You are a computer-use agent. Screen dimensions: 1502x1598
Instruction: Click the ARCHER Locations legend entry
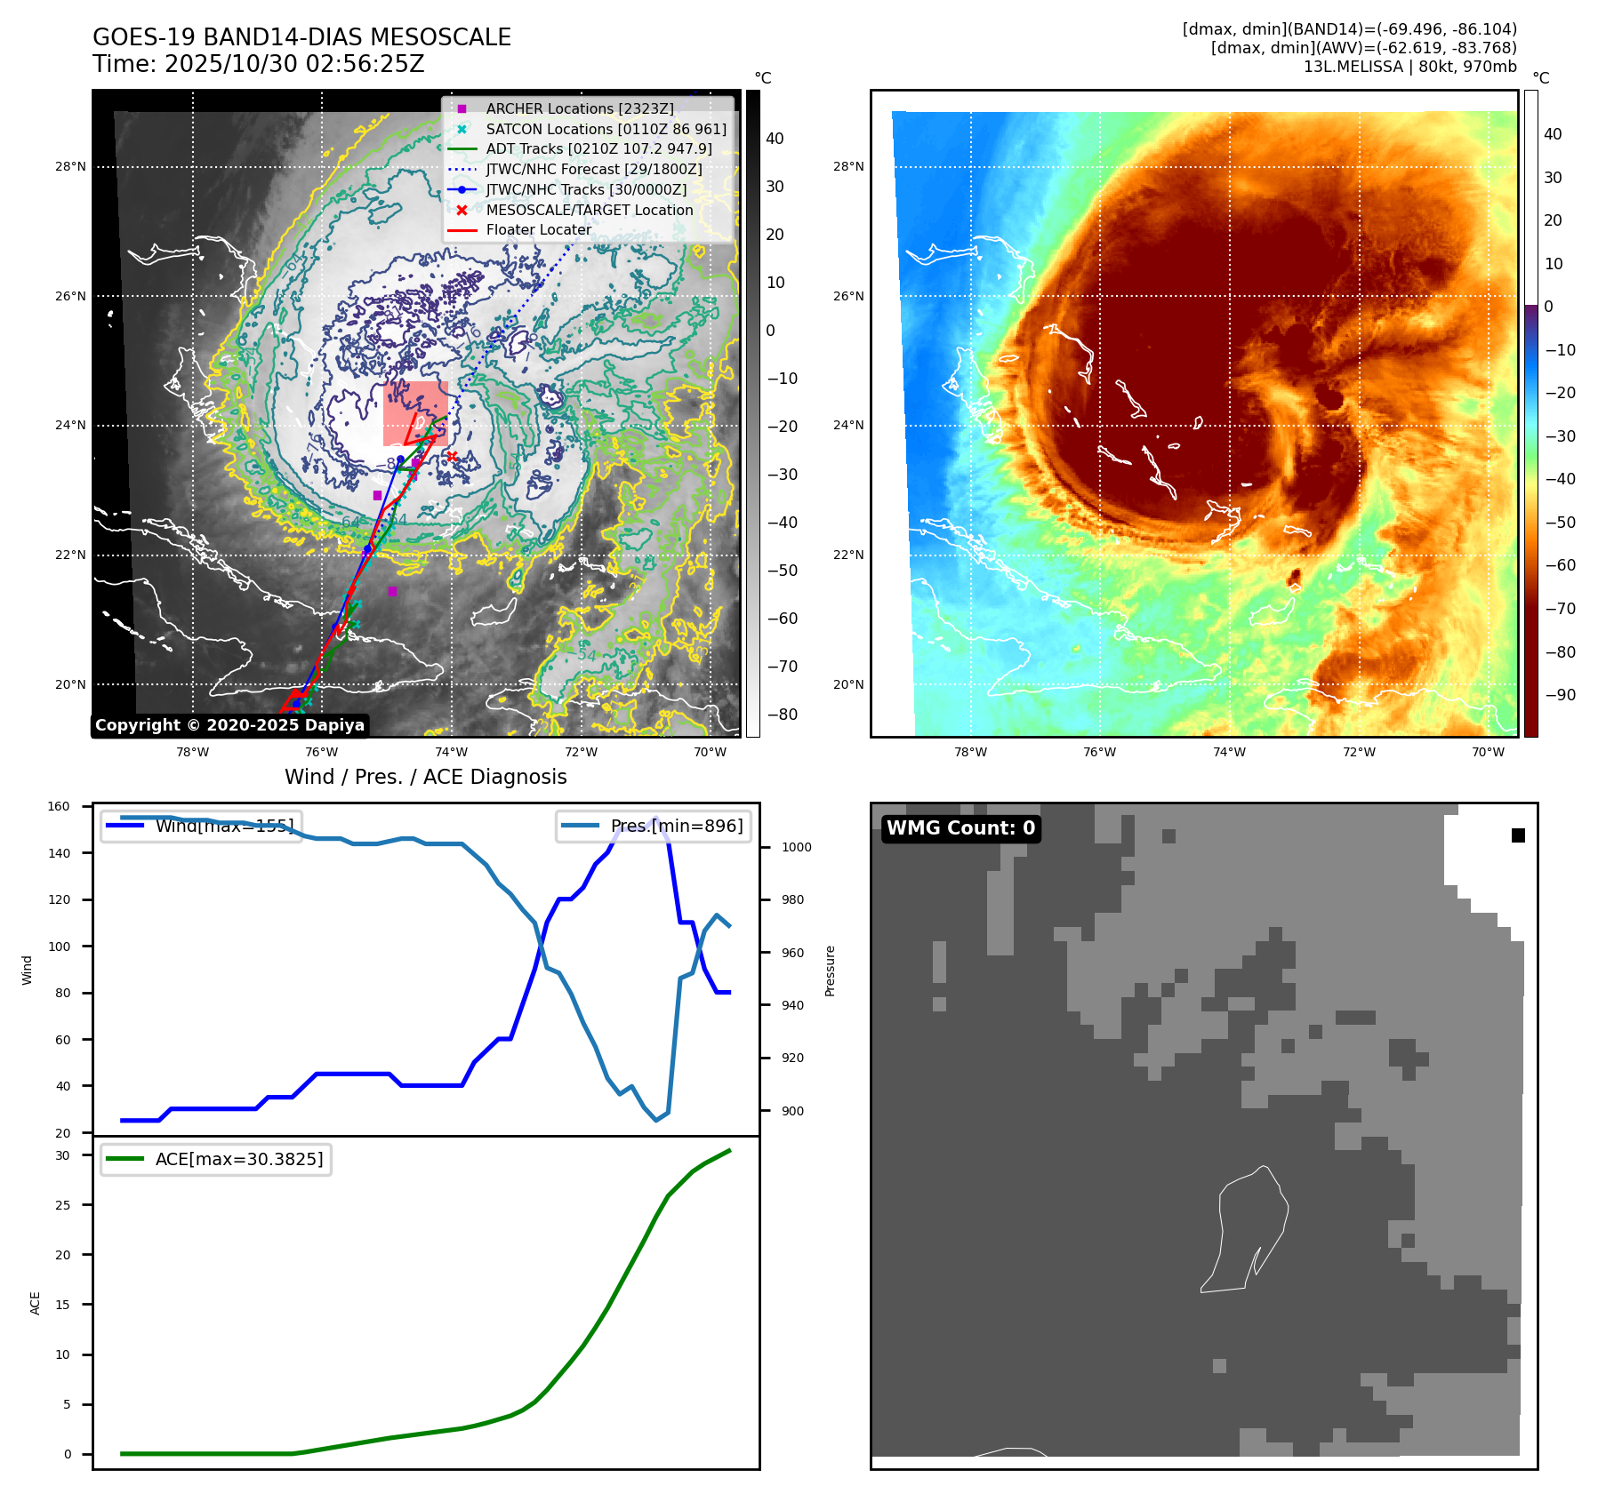579,108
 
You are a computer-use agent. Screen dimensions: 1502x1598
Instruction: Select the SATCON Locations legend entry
605,129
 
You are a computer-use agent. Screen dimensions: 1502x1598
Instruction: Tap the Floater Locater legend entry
538,229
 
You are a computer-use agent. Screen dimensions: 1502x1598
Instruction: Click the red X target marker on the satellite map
452,456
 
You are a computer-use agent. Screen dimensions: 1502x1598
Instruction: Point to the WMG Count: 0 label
960,828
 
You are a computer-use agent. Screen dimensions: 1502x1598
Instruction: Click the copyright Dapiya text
229,725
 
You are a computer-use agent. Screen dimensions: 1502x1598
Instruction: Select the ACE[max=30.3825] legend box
216,1159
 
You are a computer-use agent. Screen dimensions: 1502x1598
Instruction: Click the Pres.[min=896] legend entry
654,826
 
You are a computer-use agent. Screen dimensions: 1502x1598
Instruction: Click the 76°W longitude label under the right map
1099,752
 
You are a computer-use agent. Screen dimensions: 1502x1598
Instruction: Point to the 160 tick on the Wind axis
59,806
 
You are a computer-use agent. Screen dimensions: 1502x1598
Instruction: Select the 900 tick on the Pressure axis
796,1111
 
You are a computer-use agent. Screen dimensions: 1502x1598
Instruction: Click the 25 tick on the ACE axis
62,1205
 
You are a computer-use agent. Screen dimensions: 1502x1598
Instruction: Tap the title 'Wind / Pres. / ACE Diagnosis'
425,777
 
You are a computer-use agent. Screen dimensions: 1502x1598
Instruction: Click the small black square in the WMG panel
1518,835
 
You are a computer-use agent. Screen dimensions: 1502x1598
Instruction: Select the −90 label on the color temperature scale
1560,695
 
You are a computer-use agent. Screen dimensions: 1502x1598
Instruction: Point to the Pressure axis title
830,971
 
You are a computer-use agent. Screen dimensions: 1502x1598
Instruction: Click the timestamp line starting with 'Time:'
259,64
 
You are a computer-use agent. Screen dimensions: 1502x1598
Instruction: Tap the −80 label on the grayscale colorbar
783,715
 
